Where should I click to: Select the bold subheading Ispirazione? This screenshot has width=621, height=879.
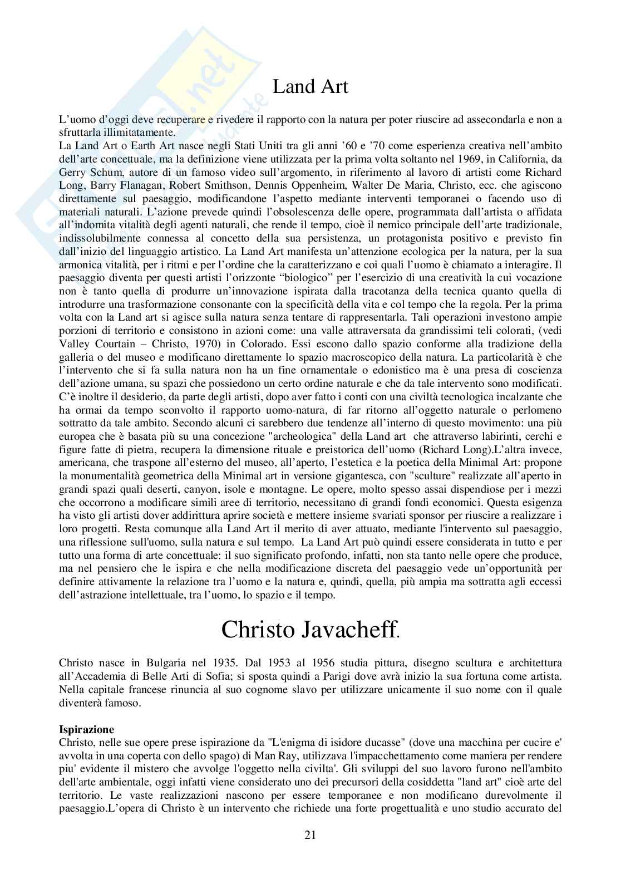(x=86, y=729)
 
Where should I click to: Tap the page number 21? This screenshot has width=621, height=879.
(x=310, y=835)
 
